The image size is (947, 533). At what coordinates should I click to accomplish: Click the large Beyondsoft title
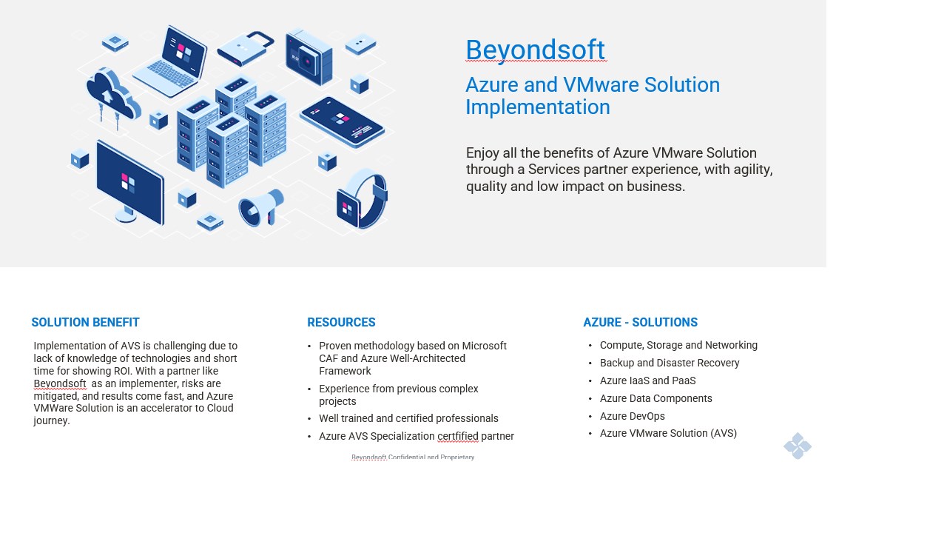(535, 50)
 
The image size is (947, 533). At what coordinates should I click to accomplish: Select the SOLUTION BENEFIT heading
(85, 322)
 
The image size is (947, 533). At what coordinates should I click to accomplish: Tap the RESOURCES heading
(341, 322)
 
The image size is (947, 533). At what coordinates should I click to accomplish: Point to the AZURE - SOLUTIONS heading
(641, 322)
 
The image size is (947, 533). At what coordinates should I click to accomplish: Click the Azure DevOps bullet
(632, 416)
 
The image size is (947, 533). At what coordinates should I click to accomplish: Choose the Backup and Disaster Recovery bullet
(670, 363)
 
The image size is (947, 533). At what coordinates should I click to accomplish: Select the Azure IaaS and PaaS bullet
(647, 381)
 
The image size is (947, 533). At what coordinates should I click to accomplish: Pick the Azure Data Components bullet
(656, 398)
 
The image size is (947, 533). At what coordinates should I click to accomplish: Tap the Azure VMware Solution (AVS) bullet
(668, 433)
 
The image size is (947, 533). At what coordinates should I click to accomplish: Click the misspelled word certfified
(458, 436)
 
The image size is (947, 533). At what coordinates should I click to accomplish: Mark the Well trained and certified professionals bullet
(408, 418)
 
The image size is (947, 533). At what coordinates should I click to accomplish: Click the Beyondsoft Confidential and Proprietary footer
(413, 457)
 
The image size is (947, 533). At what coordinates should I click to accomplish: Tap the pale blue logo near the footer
(798, 446)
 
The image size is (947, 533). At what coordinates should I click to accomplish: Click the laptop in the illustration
(171, 61)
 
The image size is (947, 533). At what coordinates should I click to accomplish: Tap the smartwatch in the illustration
(362, 199)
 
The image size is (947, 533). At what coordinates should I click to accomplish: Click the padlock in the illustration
(246, 49)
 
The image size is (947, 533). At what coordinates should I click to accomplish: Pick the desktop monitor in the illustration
(129, 183)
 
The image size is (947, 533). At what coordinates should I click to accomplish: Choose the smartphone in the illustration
(342, 122)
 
